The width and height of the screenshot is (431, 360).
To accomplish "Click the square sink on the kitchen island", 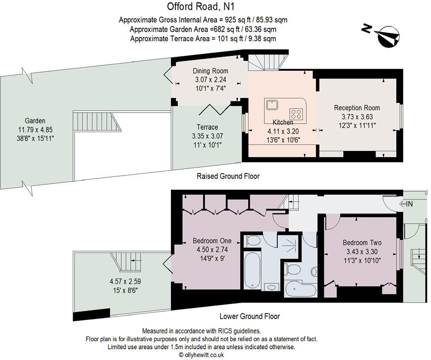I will click(271, 104).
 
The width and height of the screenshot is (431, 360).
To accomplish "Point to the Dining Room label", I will click(210, 71).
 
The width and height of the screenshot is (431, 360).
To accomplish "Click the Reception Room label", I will click(357, 108).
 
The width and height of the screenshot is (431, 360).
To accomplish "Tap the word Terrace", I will click(207, 127).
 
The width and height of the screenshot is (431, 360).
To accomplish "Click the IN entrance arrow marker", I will click(406, 203).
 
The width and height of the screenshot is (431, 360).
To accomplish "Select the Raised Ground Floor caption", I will click(228, 176).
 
